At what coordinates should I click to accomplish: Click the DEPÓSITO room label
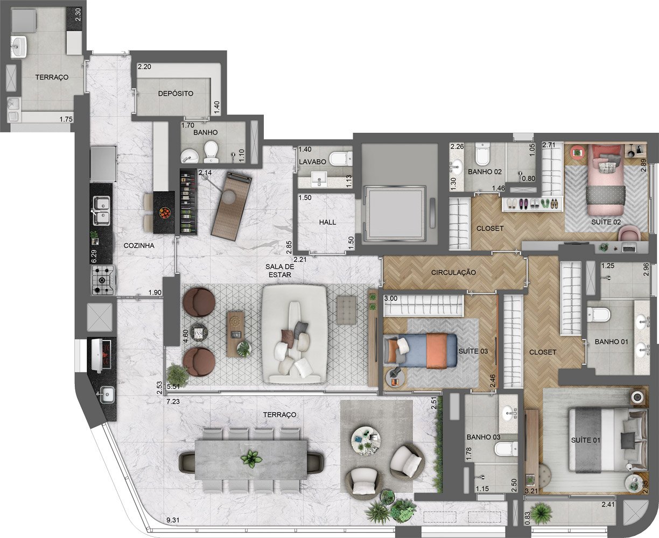(x=176, y=94)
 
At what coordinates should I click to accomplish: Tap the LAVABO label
(x=312, y=162)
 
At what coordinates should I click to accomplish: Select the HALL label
(x=327, y=222)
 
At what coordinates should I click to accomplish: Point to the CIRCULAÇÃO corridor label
(x=453, y=272)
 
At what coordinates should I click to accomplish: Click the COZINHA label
(x=139, y=245)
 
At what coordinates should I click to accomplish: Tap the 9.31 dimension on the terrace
(x=173, y=520)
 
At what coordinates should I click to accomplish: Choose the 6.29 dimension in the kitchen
(x=94, y=256)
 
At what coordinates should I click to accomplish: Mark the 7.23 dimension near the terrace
(x=173, y=401)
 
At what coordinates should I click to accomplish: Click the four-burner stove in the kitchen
(x=103, y=280)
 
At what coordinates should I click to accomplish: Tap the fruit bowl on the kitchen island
(x=165, y=213)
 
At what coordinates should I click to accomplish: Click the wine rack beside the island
(x=188, y=202)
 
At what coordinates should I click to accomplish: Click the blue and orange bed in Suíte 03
(x=420, y=349)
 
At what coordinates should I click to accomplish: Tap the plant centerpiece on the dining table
(x=251, y=459)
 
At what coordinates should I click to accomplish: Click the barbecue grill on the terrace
(x=102, y=355)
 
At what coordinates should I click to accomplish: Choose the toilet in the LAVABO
(x=341, y=159)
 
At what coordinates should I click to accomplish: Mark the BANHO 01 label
(x=611, y=342)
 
